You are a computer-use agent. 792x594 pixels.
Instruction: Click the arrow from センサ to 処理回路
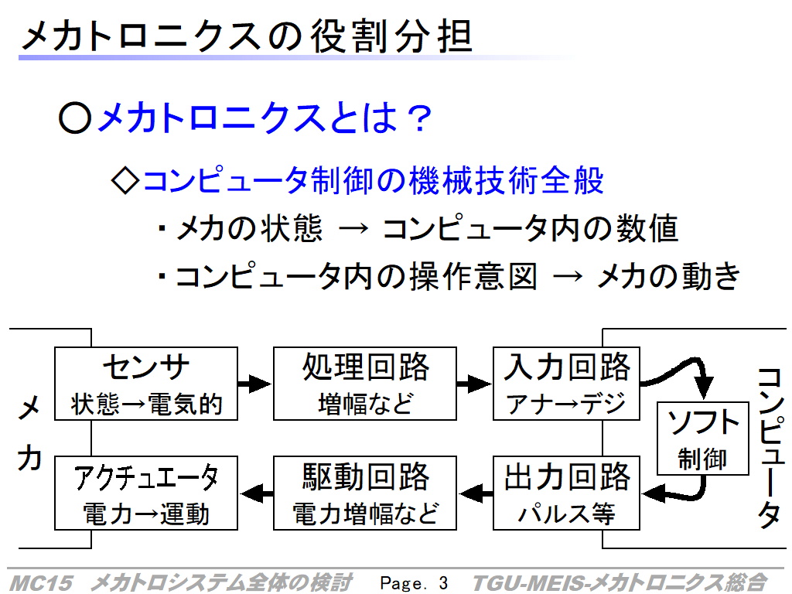[255, 384]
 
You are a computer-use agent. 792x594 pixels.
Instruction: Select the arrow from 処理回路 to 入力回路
[474, 384]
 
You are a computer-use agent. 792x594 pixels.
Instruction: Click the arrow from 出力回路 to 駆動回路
[476, 493]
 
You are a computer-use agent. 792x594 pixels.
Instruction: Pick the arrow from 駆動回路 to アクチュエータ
[257, 493]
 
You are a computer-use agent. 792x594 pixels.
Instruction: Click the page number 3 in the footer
[443, 583]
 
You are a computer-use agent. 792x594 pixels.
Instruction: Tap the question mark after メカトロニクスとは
[420, 118]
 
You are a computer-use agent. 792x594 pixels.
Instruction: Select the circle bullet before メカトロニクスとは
[75, 118]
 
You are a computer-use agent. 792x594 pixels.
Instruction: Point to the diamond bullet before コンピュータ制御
[125, 180]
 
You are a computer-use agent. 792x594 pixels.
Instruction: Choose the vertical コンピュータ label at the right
[770, 448]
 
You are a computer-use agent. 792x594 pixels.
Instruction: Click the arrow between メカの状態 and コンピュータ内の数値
[353, 229]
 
